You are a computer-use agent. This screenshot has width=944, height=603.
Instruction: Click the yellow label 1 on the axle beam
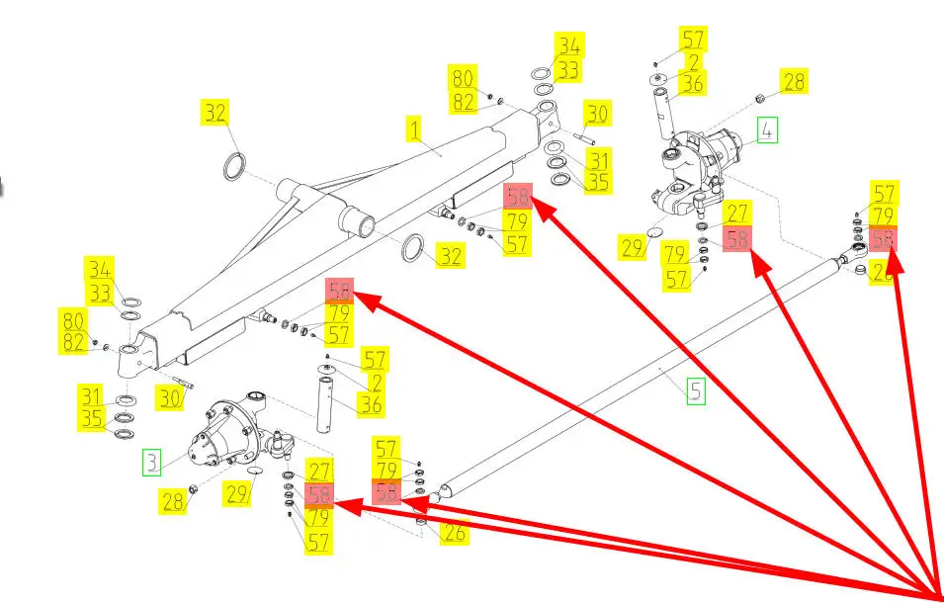414,129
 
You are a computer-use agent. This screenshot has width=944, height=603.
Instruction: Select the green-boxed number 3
151,461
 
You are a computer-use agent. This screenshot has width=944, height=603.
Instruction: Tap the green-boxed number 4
768,129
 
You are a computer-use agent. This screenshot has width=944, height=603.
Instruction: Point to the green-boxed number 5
696,391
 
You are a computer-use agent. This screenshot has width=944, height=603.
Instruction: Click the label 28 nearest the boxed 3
173,501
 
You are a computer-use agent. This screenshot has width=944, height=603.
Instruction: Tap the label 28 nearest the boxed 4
794,81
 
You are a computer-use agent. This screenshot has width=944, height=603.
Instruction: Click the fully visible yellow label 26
454,533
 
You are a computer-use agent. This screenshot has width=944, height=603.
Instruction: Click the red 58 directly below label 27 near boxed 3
318,495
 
